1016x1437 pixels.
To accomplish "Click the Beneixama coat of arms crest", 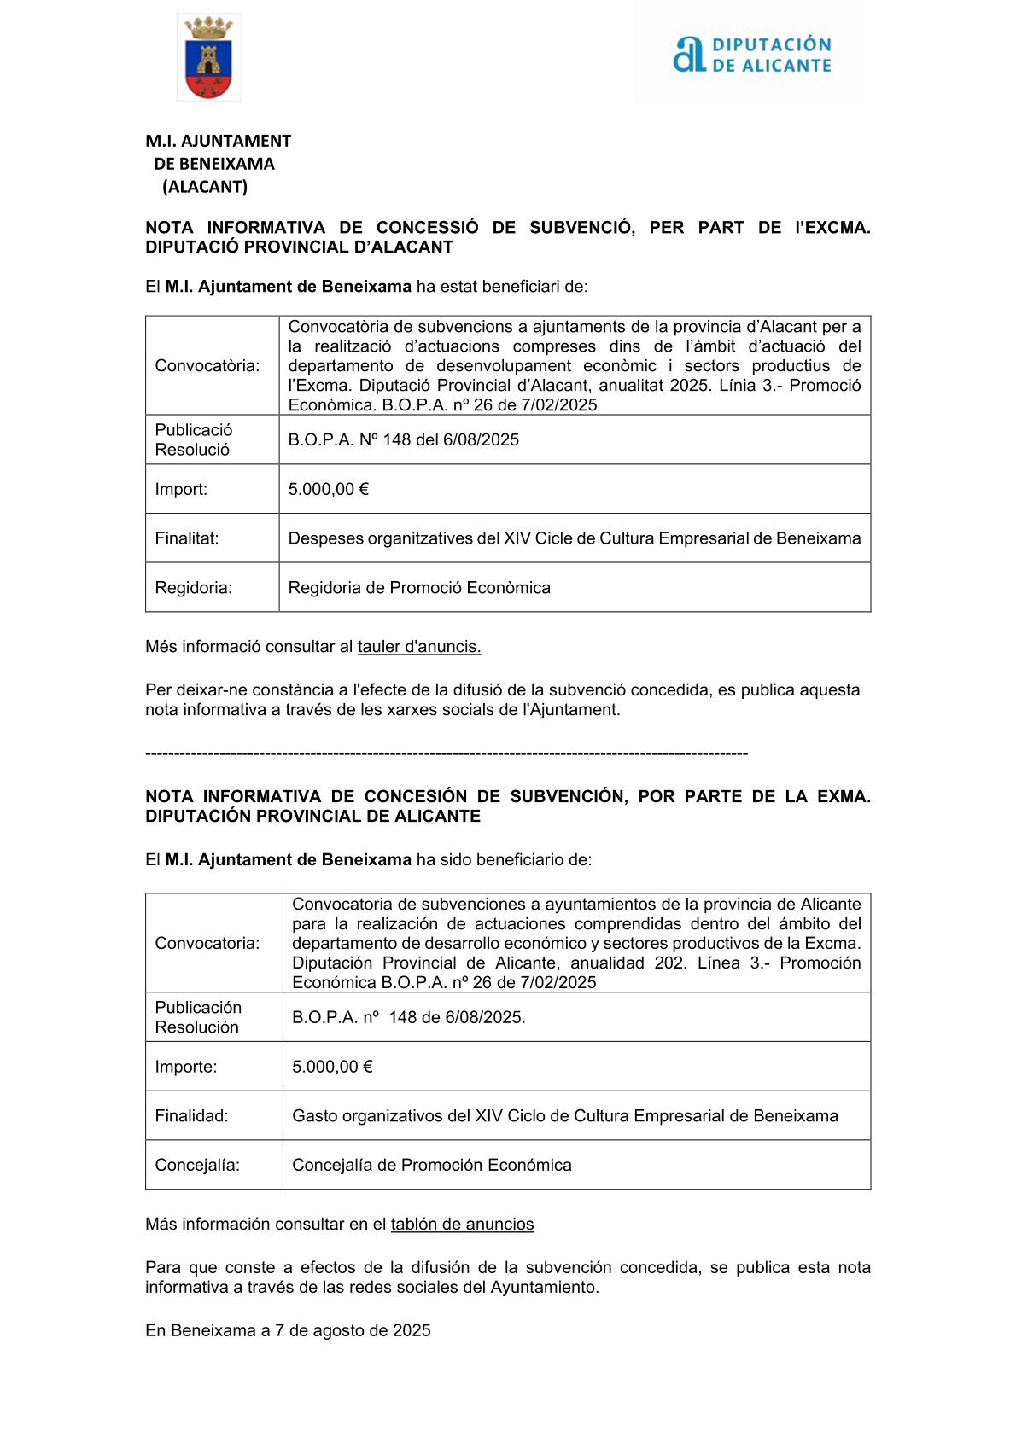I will tap(208, 58).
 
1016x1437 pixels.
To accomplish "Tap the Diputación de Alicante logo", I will tap(751, 55).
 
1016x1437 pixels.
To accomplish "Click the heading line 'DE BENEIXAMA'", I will tap(214, 164).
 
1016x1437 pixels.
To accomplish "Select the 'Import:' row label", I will tap(181, 489).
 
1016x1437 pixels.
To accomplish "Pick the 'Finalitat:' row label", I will tap(187, 538).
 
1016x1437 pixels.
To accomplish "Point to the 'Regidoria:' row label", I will tap(194, 588).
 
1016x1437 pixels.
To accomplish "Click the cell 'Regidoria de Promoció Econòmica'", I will tap(419, 588).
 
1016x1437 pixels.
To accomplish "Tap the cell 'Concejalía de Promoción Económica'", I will tap(431, 1166).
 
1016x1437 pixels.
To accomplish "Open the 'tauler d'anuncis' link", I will tap(419, 647).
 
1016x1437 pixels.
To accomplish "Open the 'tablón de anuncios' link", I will tap(462, 1225).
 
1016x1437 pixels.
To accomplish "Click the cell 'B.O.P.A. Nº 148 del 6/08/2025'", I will tap(403, 440).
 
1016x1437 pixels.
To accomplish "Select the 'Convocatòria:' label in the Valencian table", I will tap(207, 366).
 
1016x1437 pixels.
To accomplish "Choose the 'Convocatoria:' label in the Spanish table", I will tap(207, 944).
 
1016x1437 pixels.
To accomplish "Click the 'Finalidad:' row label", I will tap(191, 1116).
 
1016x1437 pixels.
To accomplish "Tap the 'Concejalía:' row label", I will tap(197, 1166).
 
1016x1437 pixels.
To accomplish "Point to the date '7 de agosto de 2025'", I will tap(353, 1331).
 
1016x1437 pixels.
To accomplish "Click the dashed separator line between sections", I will tap(447, 753).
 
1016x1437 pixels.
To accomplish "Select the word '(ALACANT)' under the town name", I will tap(205, 187).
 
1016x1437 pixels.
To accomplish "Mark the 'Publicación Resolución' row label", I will tap(198, 1018).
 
